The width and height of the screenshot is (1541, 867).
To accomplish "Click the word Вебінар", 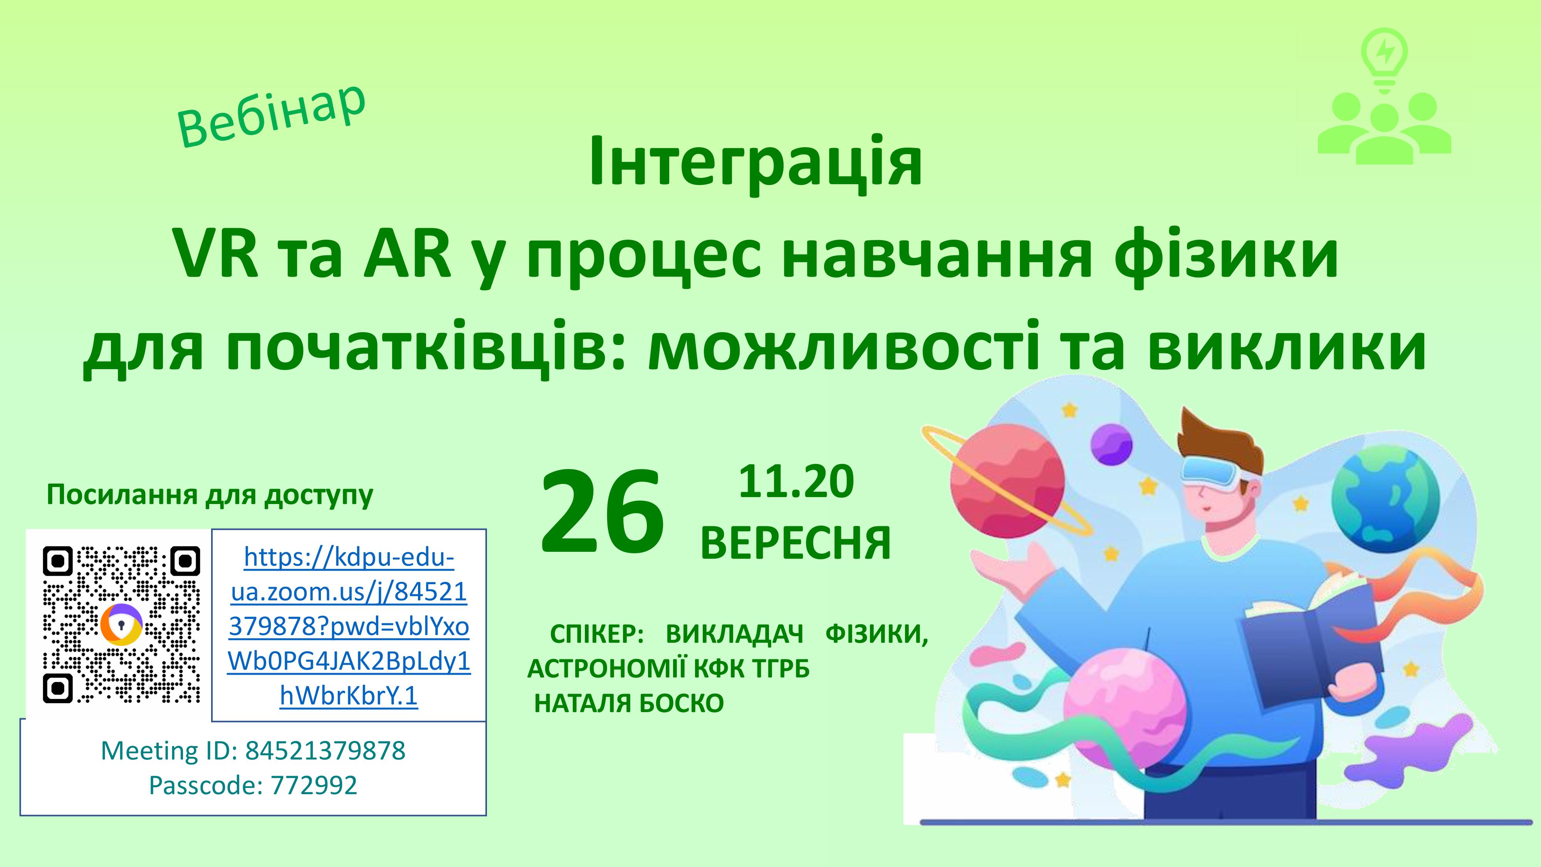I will coord(271,116).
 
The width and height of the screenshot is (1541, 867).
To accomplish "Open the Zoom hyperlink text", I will coord(349,626).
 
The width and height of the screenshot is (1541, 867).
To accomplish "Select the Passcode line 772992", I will coord(314,785).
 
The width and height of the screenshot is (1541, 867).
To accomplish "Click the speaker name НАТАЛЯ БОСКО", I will coord(629,704).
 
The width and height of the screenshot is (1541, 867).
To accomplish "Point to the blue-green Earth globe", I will coord(1386,501).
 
